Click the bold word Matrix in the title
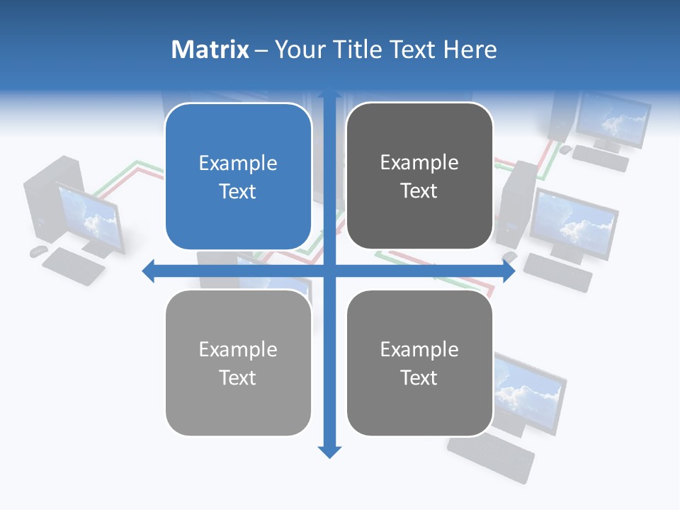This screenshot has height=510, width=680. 210,50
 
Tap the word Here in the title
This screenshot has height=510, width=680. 470,50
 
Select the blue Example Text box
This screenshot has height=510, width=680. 238,177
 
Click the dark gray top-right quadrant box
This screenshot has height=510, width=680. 419,176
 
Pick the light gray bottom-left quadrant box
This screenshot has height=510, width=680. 238,363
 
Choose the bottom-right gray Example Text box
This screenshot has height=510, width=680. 419,363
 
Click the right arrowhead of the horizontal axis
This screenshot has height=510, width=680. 508,271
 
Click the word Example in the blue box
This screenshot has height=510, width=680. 238,164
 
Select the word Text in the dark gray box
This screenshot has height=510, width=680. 419,191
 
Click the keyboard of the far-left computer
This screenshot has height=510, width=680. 73,266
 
